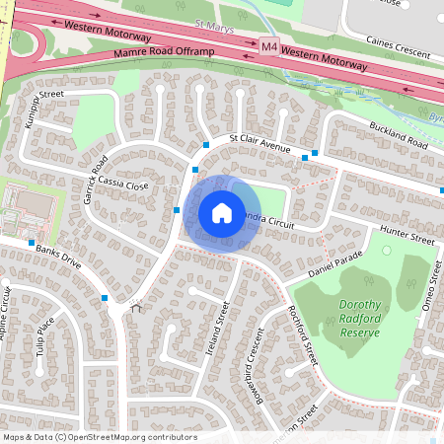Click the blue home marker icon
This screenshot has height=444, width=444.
[x=222, y=212]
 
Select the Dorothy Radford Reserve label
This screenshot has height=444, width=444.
[x=360, y=319]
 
